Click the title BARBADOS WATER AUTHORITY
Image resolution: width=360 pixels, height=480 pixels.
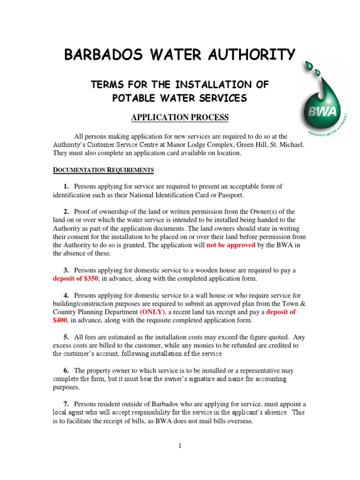click(180, 55)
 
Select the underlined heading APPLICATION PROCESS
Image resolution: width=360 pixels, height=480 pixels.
click(180, 118)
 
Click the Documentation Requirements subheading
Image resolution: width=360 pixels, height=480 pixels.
click(103, 169)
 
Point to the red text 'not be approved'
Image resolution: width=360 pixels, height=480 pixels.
click(231, 245)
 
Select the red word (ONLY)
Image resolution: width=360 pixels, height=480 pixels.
click(152, 312)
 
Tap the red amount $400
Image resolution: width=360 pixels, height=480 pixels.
click(60, 321)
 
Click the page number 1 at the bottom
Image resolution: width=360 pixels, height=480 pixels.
click(180, 446)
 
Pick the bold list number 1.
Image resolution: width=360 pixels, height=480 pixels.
click(66, 186)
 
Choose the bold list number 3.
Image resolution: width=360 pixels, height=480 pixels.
click(66, 270)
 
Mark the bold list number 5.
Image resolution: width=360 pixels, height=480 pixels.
click(66, 337)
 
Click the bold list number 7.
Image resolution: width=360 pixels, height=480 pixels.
click(66, 404)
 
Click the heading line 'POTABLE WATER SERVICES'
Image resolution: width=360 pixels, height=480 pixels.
click(180, 98)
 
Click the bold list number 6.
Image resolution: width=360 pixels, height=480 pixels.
click(66, 371)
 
